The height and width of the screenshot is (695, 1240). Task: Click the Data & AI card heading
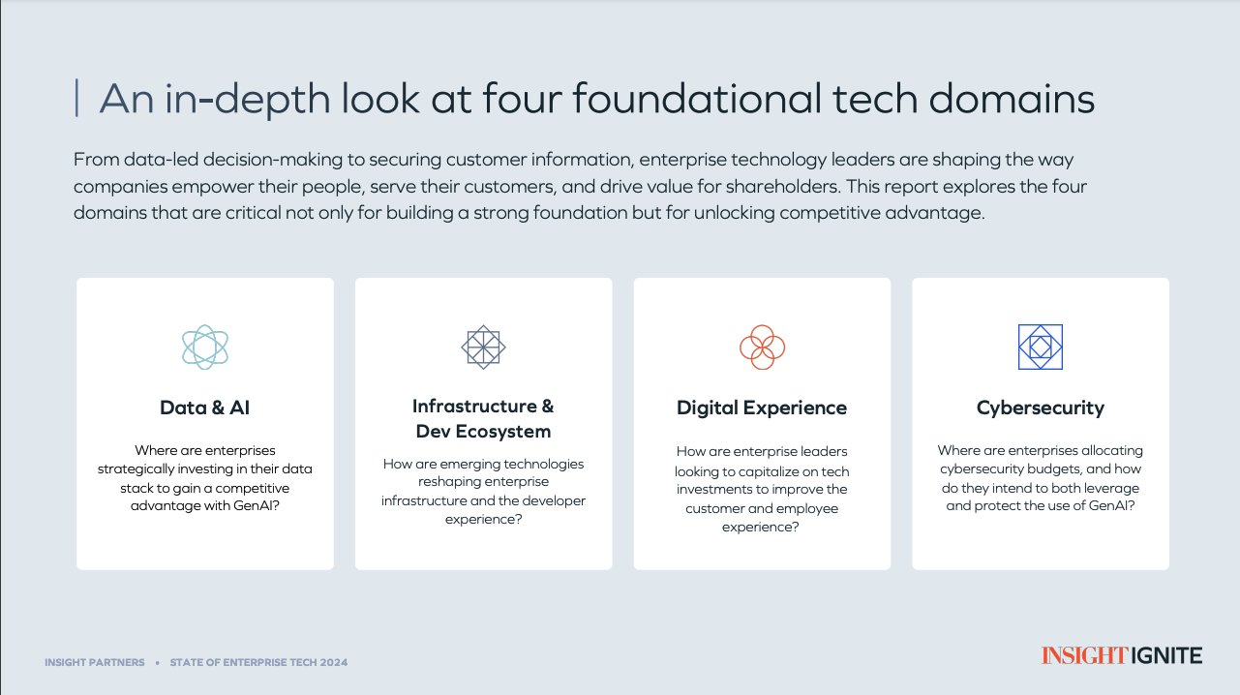[205, 408]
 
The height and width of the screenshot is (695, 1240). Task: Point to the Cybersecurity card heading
[1041, 408]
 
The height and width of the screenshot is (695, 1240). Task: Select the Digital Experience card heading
[762, 408]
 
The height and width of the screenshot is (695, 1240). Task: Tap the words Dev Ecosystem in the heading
[483, 432]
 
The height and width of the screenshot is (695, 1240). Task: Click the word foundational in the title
[697, 99]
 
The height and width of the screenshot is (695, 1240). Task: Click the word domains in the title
[1012, 99]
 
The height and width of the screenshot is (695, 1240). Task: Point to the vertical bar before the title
[76, 98]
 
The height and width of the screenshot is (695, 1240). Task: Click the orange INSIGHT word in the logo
[1084, 655]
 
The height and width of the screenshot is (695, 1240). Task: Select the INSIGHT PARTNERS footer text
[95, 662]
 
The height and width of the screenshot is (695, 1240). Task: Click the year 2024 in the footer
[333, 662]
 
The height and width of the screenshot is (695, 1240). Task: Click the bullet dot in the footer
[157, 663]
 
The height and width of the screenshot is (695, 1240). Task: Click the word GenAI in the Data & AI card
[257, 505]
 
